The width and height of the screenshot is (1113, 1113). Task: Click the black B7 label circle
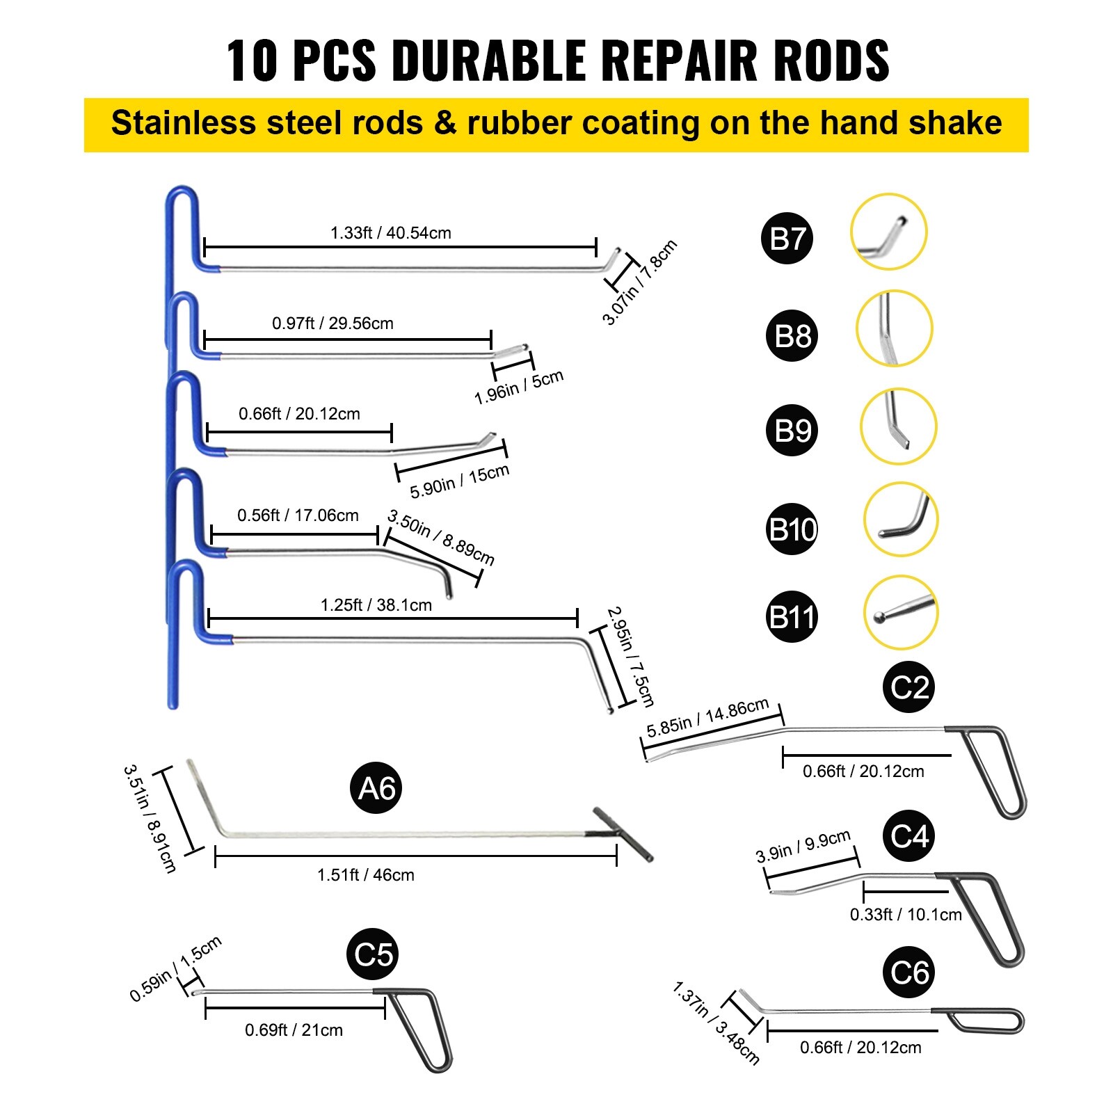click(x=787, y=239)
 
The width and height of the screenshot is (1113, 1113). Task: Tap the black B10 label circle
click(x=792, y=529)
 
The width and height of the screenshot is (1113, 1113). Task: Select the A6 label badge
click(x=376, y=788)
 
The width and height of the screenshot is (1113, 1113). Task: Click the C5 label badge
click(x=373, y=954)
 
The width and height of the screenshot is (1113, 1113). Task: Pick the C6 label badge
click(x=909, y=972)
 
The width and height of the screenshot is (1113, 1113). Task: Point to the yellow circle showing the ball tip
click(x=901, y=613)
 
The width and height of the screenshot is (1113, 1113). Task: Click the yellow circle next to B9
click(x=899, y=426)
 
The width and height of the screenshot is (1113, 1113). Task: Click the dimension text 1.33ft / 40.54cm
click(x=390, y=233)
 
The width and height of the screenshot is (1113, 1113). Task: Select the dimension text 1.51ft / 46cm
click(x=365, y=875)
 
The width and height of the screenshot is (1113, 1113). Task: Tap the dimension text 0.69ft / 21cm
click(x=294, y=1030)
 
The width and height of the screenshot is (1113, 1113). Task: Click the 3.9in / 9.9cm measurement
click(x=803, y=846)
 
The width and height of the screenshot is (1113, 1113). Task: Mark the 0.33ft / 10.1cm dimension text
click(x=906, y=915)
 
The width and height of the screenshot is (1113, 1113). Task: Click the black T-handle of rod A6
click(x=623, y=834)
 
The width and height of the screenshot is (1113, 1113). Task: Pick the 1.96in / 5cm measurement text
click(x=519, y=387)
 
